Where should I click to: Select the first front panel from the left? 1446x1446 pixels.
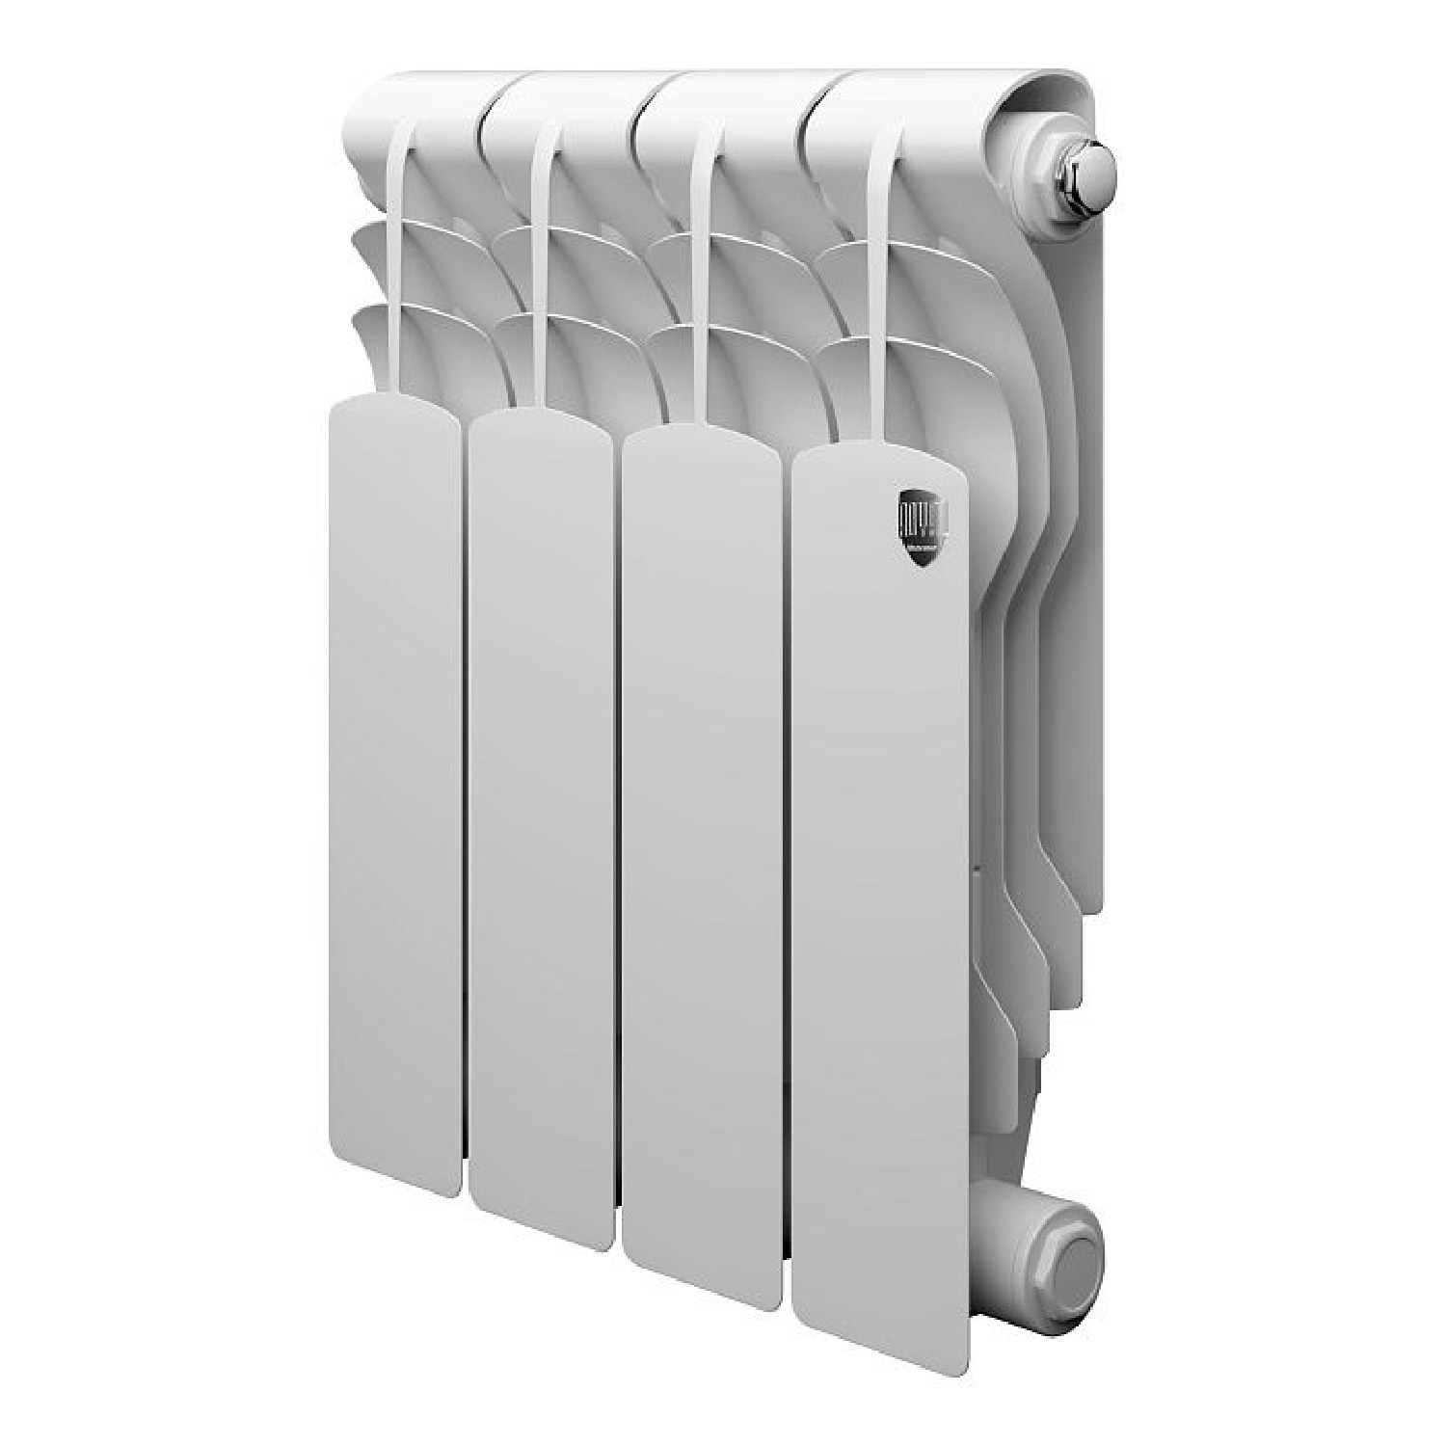[391, 790]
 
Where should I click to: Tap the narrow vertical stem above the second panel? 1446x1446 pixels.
[545, 270]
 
